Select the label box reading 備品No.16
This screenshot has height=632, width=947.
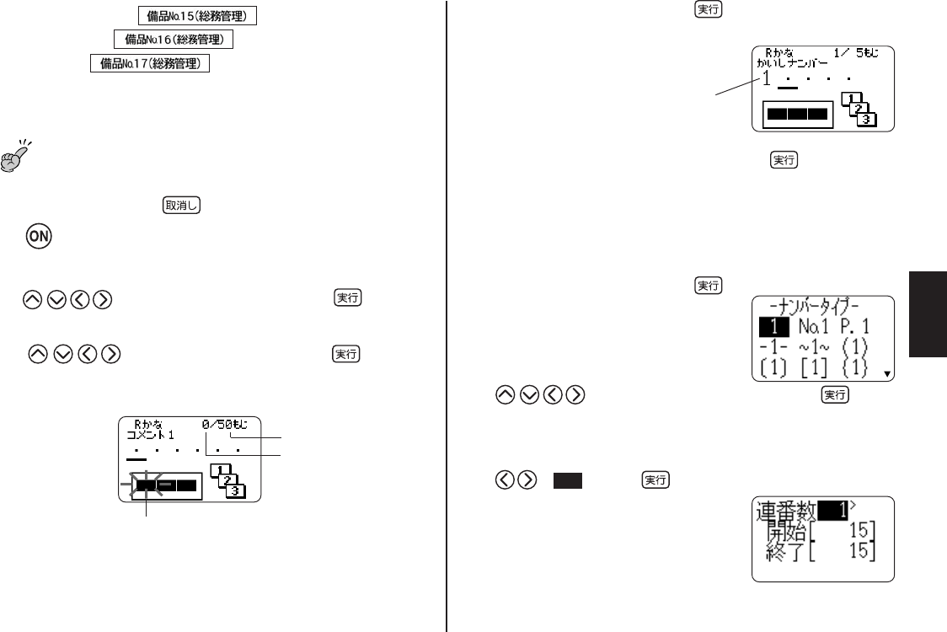point(173,40)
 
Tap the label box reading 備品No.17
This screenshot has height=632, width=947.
point(149,64)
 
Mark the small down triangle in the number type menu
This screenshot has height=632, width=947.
point(885,375)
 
